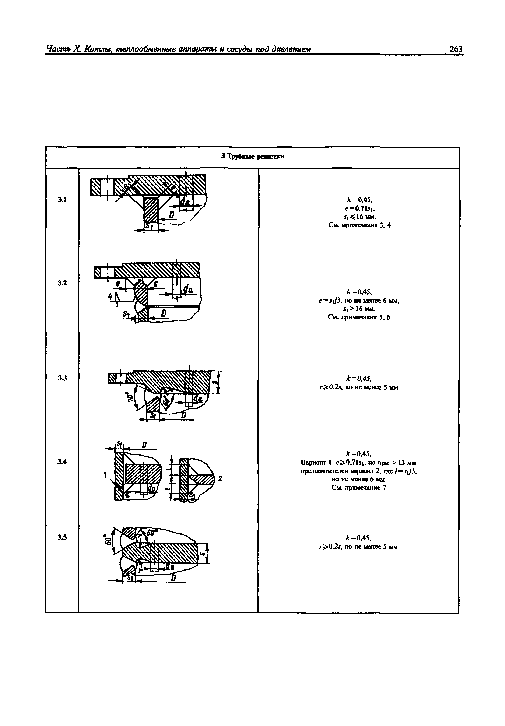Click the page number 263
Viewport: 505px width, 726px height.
point(455,49)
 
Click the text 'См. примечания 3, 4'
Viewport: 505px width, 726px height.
point(359,225)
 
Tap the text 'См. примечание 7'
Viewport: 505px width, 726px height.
point(359,488)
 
